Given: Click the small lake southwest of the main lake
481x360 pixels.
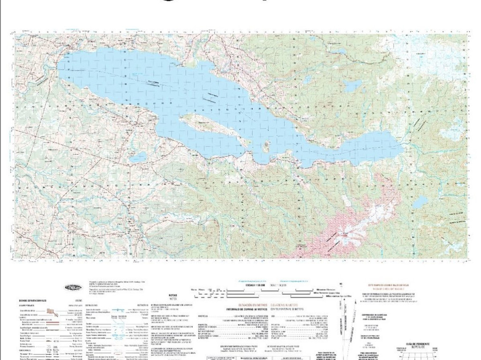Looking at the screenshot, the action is click(138, 157).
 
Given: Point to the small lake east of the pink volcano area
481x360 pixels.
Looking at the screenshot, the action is click(420, 203).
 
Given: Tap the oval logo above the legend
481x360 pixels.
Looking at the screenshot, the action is click(73, 287).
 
